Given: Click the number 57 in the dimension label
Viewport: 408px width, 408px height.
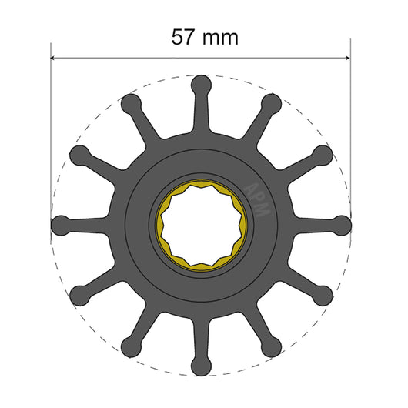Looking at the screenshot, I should click(183, 36).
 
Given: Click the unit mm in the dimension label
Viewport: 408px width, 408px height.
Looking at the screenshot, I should click(222, 36).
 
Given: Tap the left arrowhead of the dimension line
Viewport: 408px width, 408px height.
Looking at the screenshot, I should click(55, 57).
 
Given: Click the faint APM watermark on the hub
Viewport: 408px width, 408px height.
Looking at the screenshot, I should click(256, 199).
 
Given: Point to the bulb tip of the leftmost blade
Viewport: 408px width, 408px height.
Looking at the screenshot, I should click(60, 224).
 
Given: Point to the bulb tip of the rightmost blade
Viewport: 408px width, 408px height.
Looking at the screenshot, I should click(342, 224).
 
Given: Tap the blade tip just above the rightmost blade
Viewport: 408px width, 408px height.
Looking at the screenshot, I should click(323, 154).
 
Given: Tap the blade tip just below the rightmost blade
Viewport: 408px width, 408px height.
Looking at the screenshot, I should click(323, 294).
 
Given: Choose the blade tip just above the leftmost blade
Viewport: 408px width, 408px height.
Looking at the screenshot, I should click(79, 154).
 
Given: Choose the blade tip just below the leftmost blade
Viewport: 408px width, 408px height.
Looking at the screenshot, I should click(79, 294).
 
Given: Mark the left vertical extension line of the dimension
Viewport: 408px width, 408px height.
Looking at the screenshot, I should click(51, 115).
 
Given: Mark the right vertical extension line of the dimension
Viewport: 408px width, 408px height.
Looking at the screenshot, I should click(350, 115).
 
